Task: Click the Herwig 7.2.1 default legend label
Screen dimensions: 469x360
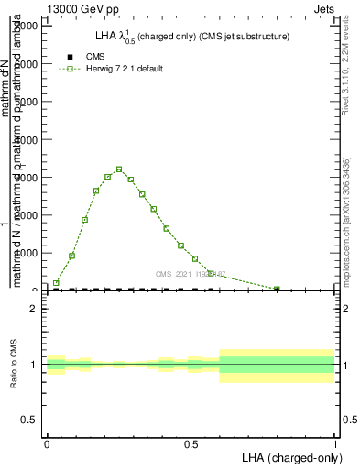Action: click(125, 69)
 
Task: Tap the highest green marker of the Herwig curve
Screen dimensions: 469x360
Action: click(119, 169)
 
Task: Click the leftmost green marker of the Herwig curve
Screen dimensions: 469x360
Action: click(56, 283)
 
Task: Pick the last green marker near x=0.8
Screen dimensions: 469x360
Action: click(277, 289)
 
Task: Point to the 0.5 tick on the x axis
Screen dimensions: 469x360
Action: click(191, 443)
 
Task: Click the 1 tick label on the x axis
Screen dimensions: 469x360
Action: click(335, 443)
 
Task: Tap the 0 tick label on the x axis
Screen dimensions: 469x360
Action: click(47, 443)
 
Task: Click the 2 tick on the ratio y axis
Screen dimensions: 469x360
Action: click(33, 309)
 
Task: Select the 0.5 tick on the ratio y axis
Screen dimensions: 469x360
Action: click(29, 420)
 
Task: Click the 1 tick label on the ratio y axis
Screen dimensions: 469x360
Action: click(33, 365)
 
